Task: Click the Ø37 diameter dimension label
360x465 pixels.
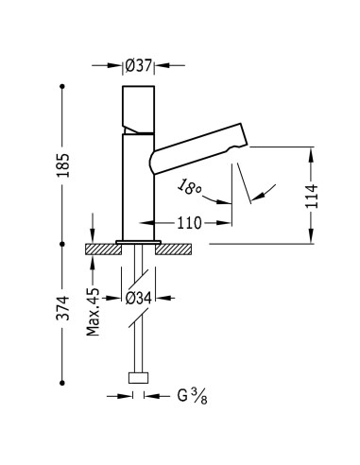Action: click(140, 65)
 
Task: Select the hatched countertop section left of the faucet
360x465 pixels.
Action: click(101, 250)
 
